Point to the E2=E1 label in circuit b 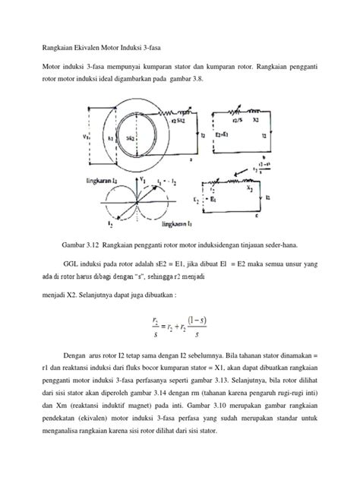(x=225, y=133)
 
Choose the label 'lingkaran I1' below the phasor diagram (x=169, y=226)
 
